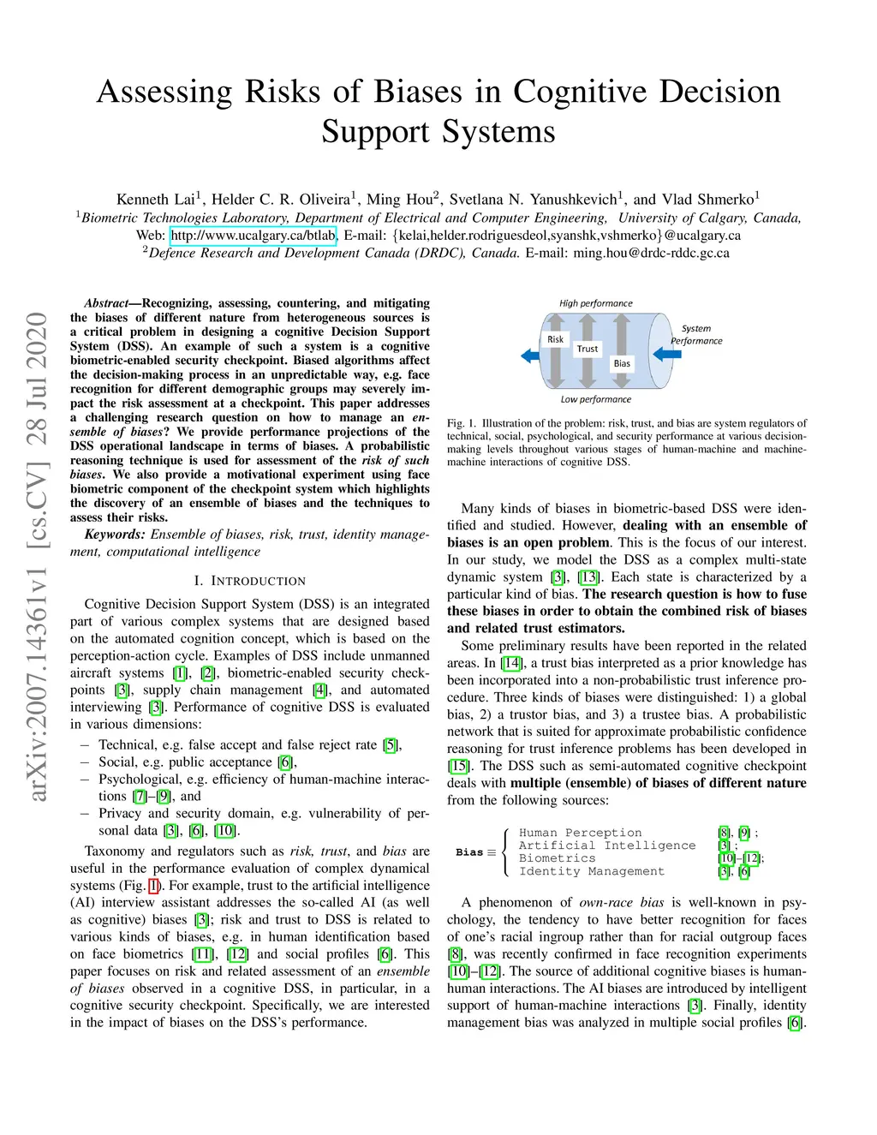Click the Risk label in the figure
555,339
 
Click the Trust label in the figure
587,349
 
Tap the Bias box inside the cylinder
622,363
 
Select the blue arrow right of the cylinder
667,353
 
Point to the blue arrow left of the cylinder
529,355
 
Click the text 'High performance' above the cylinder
595,303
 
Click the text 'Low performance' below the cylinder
595,399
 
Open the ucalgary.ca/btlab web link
253,235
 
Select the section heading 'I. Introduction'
249,581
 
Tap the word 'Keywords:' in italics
114,535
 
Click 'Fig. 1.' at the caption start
461,423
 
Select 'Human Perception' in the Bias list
580,833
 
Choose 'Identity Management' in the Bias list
591,871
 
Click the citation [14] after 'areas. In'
511,663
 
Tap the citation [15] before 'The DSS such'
458,766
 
